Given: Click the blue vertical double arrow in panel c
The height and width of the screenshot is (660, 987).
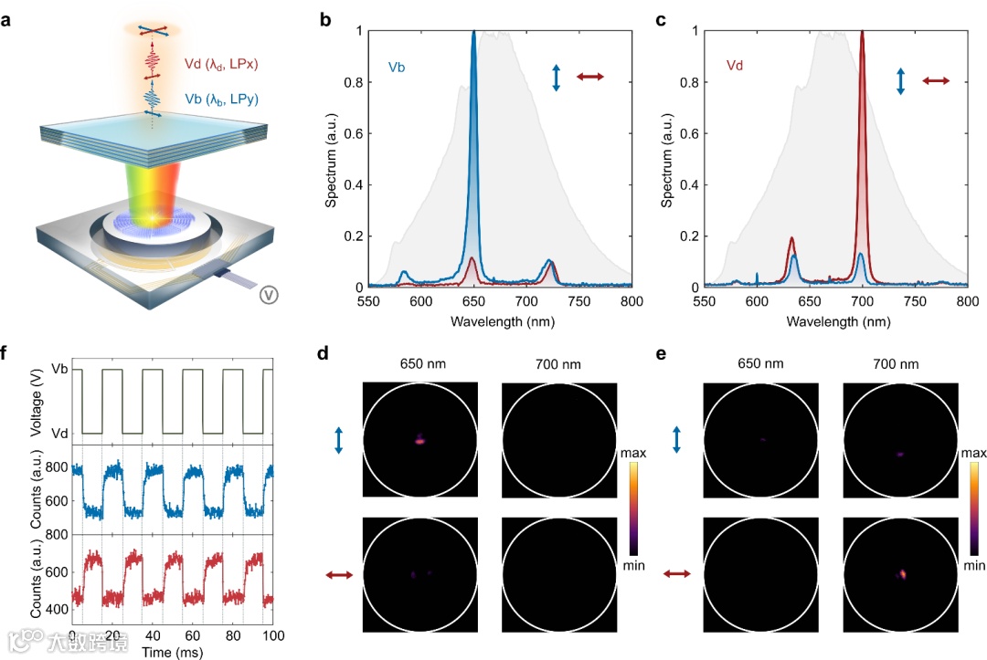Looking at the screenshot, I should click(900, 80).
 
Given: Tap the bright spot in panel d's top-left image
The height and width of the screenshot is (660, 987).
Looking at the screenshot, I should click(419, 440).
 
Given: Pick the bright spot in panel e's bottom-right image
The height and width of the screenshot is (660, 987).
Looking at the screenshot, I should click(903, 573).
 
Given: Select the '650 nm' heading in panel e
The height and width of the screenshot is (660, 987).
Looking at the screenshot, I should click(759, 365).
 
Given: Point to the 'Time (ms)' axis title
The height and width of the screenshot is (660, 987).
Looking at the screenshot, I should click(173, 652).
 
